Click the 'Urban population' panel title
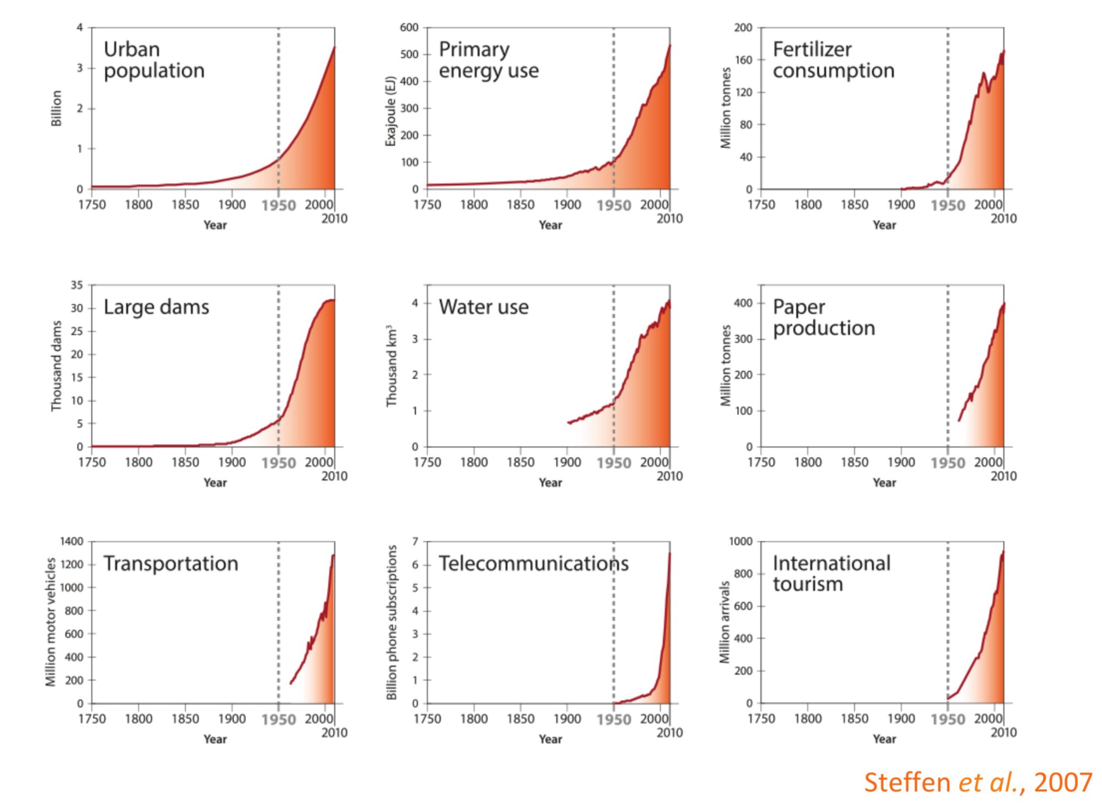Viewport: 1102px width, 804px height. [x=154, y=60]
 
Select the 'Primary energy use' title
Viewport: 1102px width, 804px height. [x=488, y=60]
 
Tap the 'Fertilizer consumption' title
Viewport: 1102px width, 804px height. [x=833, y=60]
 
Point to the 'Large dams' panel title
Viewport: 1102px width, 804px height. [x=156, y=307]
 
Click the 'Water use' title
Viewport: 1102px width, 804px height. [x=483, y=307]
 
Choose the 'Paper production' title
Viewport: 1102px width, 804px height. [x=824, y=317]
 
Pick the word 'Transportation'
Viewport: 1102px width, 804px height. [x=171, y=564]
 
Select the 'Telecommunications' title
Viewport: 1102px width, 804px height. [x=533, y=564]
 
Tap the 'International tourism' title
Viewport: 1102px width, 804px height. [x=831, y=574]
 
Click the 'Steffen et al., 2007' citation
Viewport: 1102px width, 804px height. [x=977, y=783]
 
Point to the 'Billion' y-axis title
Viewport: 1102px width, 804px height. [x=56, y=108]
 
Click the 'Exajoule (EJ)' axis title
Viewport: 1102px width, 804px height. [x=391, y=111]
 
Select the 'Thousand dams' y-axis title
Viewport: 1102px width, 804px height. [x=56, y=366]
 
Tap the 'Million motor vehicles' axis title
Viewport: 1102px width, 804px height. [x=51, y=622]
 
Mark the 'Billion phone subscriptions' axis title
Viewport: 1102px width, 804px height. [x=392, y=622]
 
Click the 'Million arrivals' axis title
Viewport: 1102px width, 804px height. [x=725, y=622]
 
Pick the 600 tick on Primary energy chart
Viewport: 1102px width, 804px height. [x=409, y=28]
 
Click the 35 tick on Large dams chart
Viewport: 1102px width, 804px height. [x=77, y=285]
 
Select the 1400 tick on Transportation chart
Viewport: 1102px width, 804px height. [x=72, y=542]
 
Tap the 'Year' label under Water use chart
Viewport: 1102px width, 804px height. [x=550, y=483]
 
